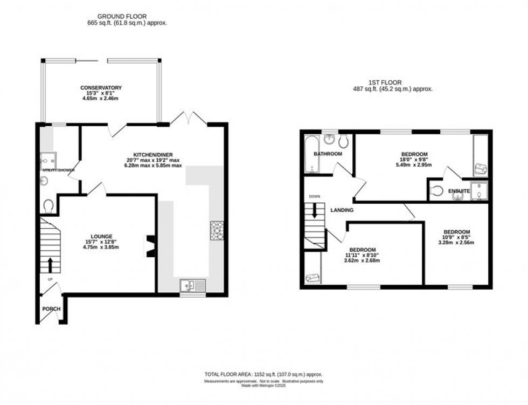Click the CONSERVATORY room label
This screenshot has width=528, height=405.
pos(101,88)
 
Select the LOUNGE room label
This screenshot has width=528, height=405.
pos(101,236)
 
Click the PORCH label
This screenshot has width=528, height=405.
pos(52,309)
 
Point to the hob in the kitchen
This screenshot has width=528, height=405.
pos(217,230)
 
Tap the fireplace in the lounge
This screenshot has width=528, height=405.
pos(149,246)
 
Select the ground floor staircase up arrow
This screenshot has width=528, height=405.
pos(51,264)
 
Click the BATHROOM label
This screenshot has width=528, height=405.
pos(328,154)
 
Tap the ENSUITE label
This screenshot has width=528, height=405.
pos(461,191)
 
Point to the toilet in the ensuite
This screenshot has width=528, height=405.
pos(438,190)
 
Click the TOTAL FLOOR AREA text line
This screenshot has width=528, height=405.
pos(263,374)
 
